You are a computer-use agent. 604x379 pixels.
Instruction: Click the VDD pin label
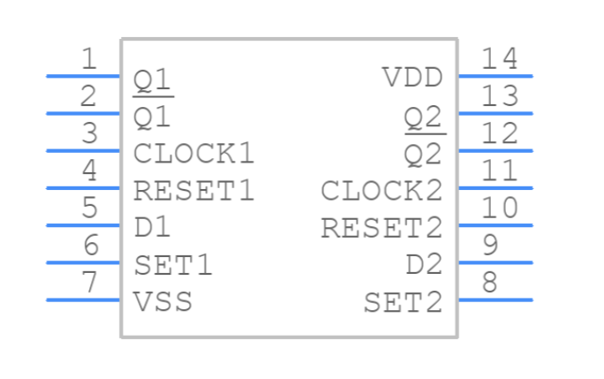(x=412, y=78)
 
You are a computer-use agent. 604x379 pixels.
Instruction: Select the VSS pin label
(x=163, y=301)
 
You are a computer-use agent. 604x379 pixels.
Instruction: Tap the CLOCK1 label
(x=193, y=153)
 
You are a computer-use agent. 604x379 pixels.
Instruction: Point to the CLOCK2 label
(x=381, y=190)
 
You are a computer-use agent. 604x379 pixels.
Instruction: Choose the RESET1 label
(x=193, y=190)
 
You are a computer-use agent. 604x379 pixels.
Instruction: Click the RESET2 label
(x=381, y=228)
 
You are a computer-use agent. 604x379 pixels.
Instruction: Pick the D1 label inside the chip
(x=152, y=227)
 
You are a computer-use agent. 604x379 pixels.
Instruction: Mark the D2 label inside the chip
(x=423, y=265)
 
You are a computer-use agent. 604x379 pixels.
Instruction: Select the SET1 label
(x=173, y=264)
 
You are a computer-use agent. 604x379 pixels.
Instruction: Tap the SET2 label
(x=403, y=303)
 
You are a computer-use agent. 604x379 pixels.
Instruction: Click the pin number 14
(x=499, y=59)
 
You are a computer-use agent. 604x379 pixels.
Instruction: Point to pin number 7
(x=89, y=283)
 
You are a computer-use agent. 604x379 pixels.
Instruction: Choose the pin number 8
(x=491, y=283)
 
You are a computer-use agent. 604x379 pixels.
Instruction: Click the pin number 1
(x=89, y=59)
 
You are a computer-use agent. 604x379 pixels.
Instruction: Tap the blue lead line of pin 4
(x=83, y=187)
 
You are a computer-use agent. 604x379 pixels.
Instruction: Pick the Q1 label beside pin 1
(x=152, y=81)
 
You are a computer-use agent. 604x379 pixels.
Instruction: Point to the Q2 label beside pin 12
(x=423, y=154)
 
